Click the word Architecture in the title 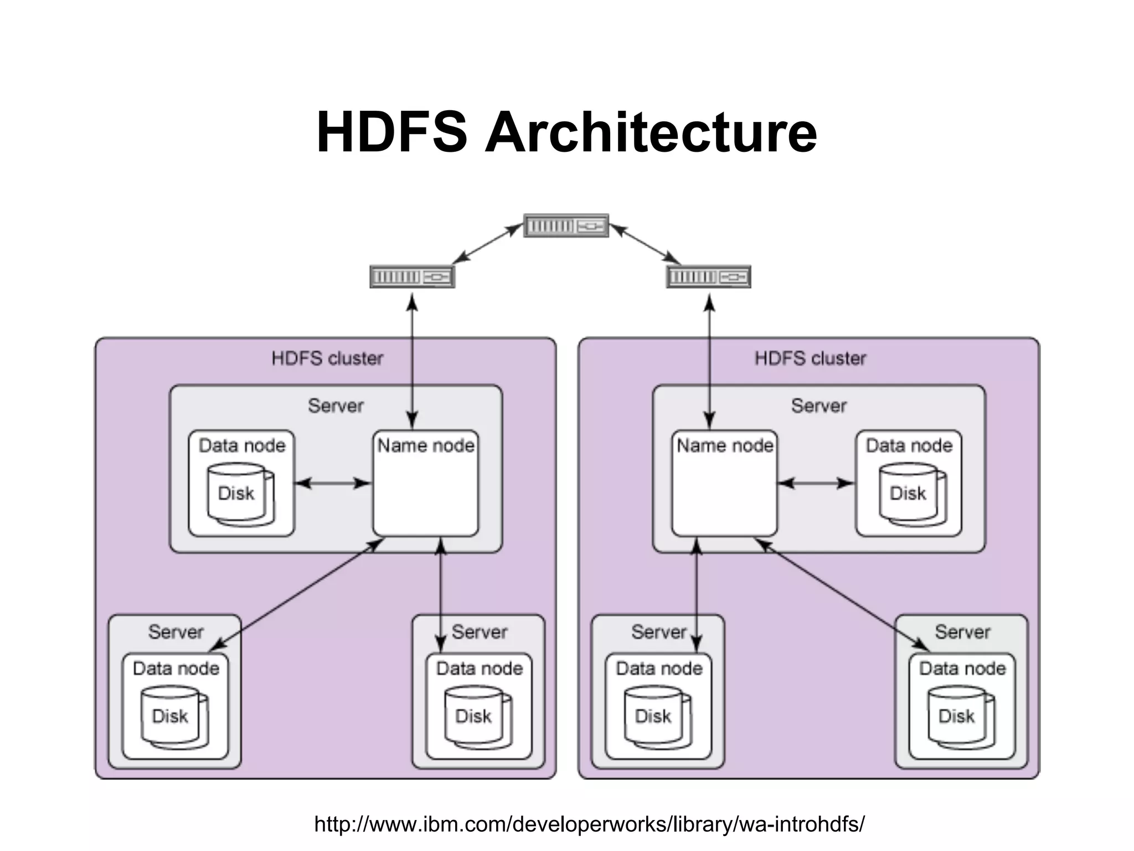tap(650, 132)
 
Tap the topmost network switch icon tap(566, 225)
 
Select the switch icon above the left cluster tap(412, 276)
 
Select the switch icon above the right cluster tap(708, 276)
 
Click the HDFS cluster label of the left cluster tap(327, 358)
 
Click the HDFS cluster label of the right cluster tap(810, 358)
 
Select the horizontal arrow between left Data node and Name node tap(333, 483)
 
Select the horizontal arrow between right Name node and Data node tap(816, 483)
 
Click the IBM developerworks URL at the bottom tap(589, 824)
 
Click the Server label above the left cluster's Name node tap(336, 406)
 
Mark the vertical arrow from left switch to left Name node tap(412, 360)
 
